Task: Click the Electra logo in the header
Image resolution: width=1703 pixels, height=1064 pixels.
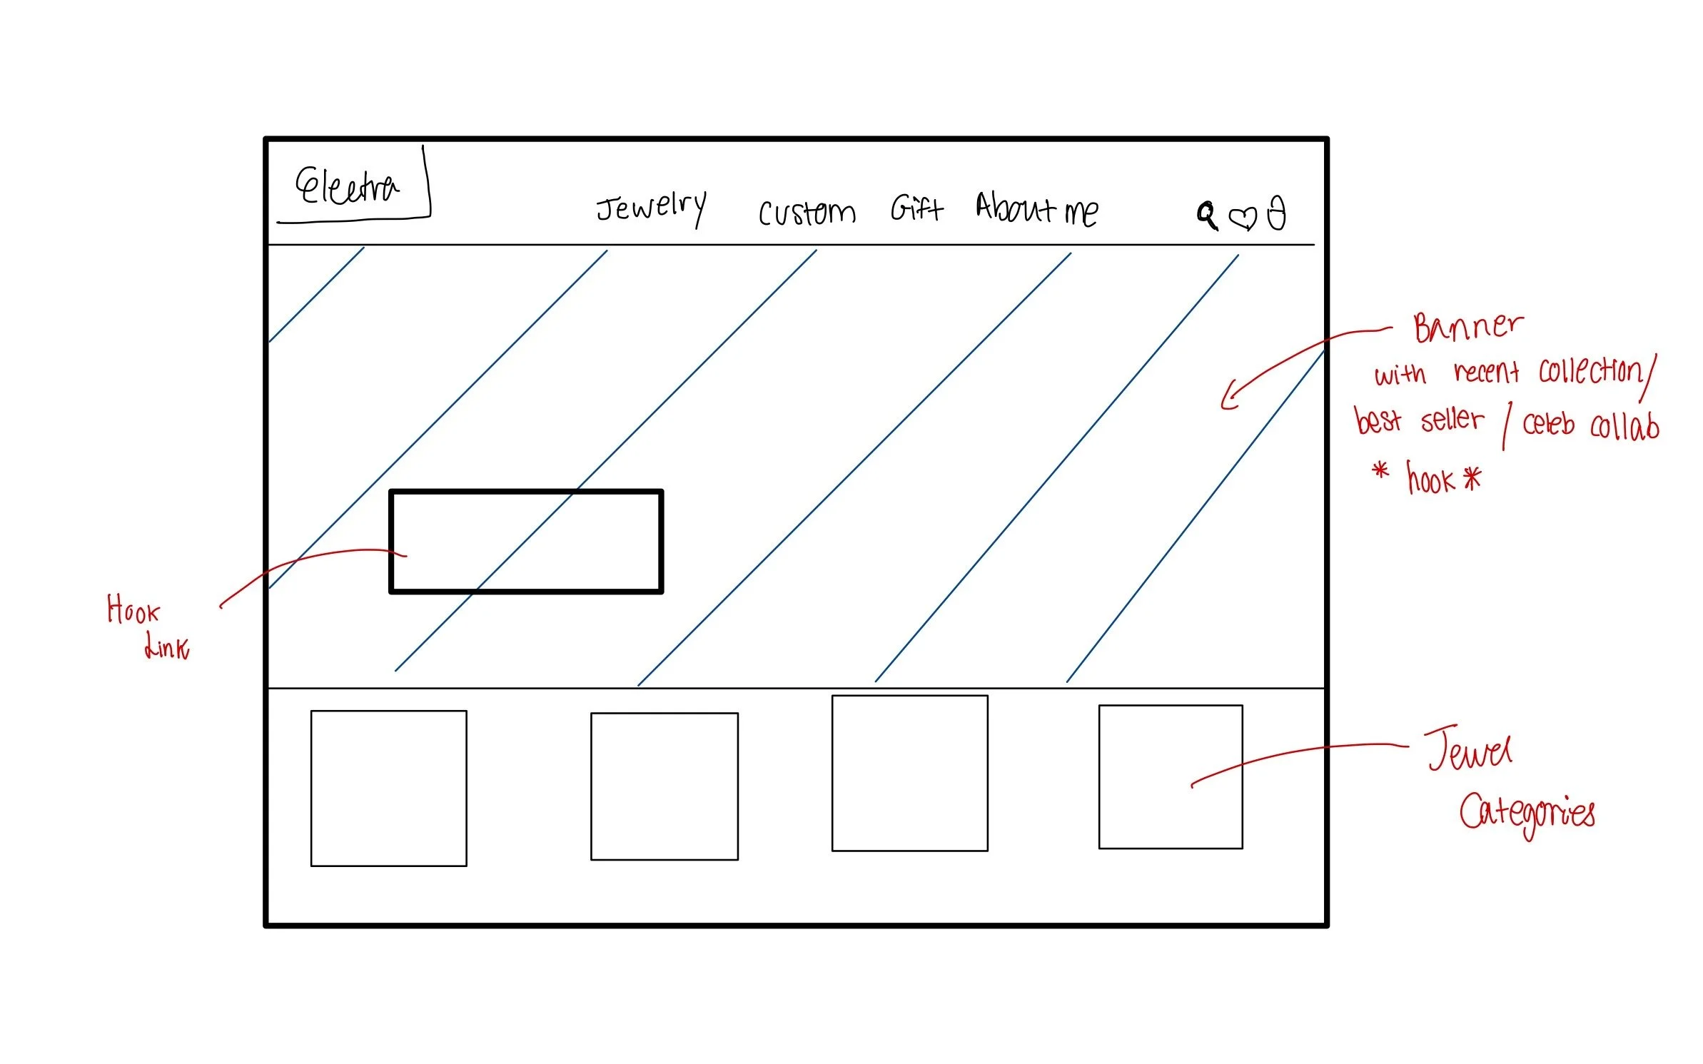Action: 348,187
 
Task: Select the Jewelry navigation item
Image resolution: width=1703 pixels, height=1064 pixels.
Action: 651,208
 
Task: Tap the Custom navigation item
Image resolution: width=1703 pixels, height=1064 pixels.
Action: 807,213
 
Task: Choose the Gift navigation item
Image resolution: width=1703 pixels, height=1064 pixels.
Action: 916,208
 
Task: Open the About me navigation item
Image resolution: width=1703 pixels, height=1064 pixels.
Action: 1036,210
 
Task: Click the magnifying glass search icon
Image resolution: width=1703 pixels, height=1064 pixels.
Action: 1207,215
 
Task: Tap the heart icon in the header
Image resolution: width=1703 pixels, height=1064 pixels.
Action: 1242,217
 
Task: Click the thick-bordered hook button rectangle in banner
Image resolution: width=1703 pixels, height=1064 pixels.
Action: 526,541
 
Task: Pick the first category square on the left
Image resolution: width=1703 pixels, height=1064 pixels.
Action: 389,788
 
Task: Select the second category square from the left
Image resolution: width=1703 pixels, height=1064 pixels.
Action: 664,786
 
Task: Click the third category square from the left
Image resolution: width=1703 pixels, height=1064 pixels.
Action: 910,773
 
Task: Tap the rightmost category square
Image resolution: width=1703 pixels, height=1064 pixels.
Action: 1171,776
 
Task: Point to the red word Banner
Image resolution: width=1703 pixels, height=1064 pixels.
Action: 1467,328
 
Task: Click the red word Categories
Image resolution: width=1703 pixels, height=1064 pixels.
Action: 1527,814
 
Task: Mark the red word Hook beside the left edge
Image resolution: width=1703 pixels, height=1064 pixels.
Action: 133,610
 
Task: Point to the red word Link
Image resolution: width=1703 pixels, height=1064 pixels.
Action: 167,647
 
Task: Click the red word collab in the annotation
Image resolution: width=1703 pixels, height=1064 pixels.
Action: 1624,427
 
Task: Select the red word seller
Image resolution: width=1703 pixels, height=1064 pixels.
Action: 1452,420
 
